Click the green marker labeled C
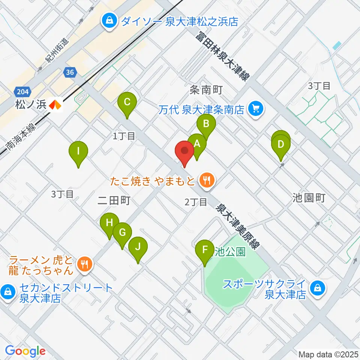click(x=127, y=102)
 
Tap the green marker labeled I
click(x=78, y=151)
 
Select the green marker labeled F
click(x=205, y=250)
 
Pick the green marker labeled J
click(x=138, y=247)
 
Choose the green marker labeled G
click(x=122, y=233)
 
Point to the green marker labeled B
click(x=206, y=124)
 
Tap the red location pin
click(x=184, y=151)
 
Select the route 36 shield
click(x=70, y=72)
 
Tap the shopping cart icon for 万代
click(x=256, y=110)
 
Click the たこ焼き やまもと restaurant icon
click(x=206, y=181)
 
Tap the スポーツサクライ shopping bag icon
click(x=318, y=288)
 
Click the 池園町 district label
click(x=308, y=198)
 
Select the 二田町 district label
click(x=113, y=201)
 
